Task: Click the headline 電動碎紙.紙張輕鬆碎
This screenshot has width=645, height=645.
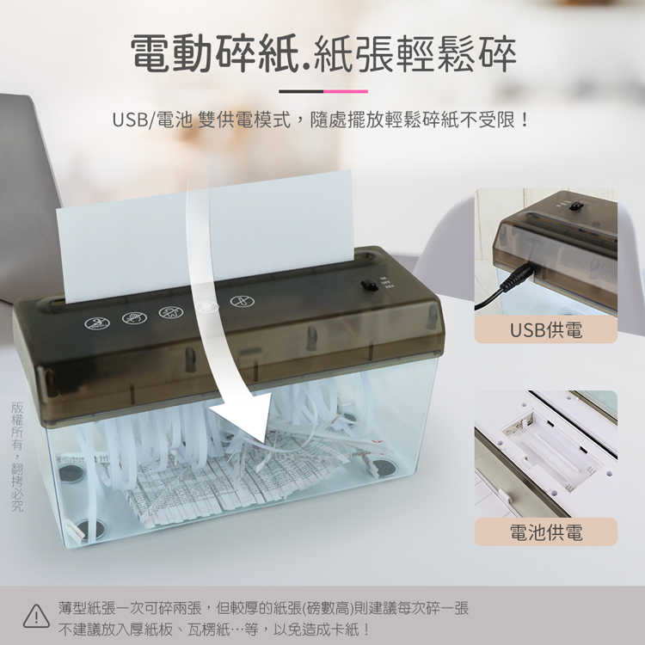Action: [x=322, y=53]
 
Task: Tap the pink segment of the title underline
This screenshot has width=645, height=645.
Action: [x=346, y=91]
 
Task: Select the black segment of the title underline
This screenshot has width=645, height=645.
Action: [x=301, y=91]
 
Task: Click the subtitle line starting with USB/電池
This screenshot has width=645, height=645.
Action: [x=322, y=120]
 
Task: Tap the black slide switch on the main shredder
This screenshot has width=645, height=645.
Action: [x=369, y=284]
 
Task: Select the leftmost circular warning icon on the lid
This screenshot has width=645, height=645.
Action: [x=96, y=323]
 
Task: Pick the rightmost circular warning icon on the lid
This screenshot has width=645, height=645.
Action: [x=242, y=302]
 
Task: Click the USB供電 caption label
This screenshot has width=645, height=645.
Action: [x=545, y=329]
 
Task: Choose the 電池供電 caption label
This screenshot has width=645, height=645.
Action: [x=545, y=531]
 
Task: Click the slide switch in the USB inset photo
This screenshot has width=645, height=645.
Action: [x=575, y=206]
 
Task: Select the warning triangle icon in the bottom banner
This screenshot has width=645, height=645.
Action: [x=36, y=616]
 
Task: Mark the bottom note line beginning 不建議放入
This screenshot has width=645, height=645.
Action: [x=215, y=629]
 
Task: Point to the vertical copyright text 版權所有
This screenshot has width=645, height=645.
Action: [x=17, y=456]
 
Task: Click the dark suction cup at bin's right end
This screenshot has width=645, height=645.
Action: [x=384, y=469]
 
